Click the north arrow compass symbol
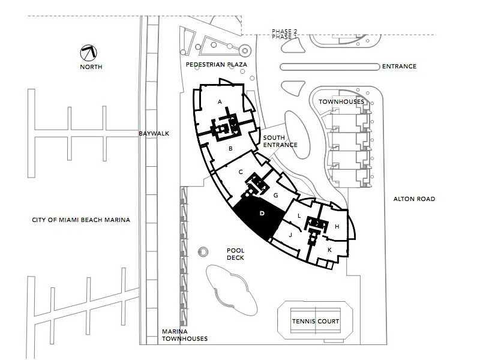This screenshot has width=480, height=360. point(88,53)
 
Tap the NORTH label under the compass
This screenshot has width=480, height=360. point(91,67)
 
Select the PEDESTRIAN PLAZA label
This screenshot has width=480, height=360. point(217,65)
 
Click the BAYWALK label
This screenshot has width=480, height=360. point(154,133)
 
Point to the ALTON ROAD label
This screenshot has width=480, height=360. point(414,199)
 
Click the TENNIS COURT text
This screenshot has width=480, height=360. point(316,322)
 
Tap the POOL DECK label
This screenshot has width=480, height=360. point(235,254)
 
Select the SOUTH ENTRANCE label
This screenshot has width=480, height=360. point(280,142)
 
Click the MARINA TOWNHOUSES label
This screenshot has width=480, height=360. point(185,335)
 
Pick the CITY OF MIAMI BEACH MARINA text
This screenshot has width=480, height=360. point(81,220)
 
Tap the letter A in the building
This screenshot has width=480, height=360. point(220,101)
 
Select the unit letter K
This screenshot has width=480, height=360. point(329,250)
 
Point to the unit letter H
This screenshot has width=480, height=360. point(337,227)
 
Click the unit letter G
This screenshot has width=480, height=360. point(275,195)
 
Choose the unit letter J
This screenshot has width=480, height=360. point(290,235)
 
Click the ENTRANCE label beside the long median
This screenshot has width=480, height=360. point(399,67)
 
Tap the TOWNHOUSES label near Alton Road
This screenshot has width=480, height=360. point(341,101)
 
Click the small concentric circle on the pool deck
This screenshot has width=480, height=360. point(203,252)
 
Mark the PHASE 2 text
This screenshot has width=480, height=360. point(284,31)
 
